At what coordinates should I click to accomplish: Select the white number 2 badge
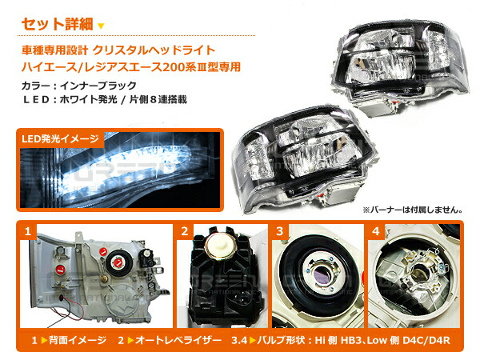(184, 233)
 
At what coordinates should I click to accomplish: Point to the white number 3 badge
(281, 233)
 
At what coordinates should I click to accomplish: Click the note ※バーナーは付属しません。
(413, 210)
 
